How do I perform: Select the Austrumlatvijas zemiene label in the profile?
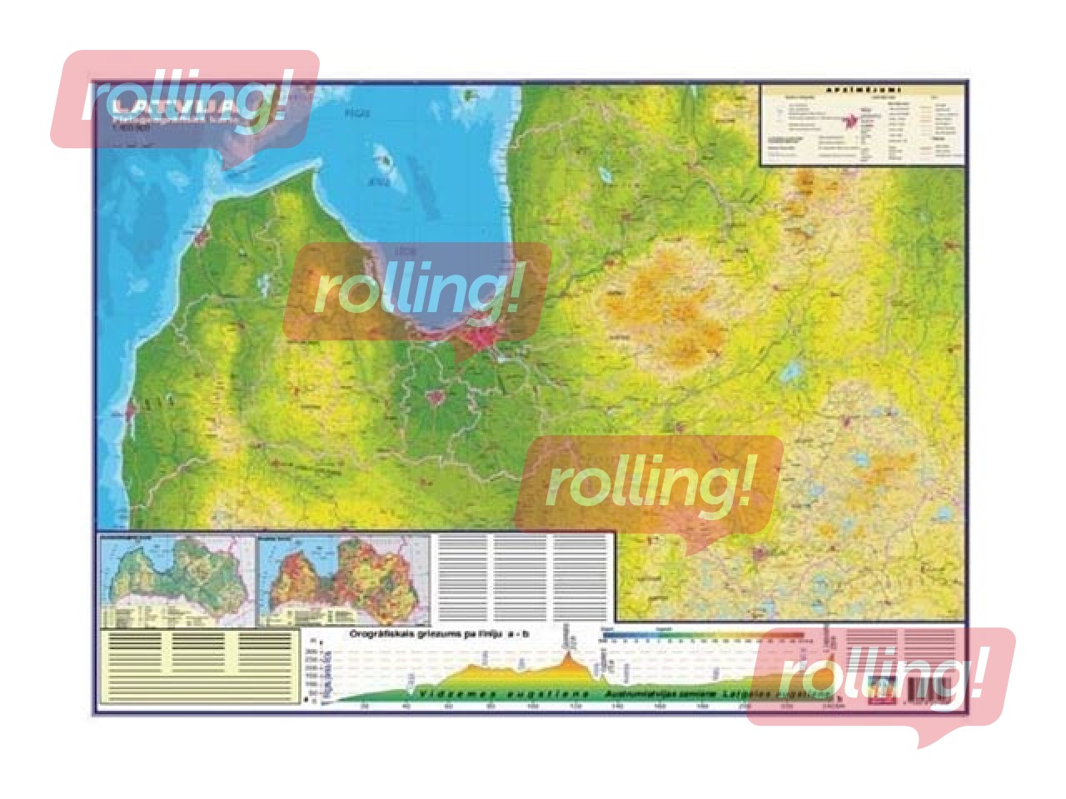662,692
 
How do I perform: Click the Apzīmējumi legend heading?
864,90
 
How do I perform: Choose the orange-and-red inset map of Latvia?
343,579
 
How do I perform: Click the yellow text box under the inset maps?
198,667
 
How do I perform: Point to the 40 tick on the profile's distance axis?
406,707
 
